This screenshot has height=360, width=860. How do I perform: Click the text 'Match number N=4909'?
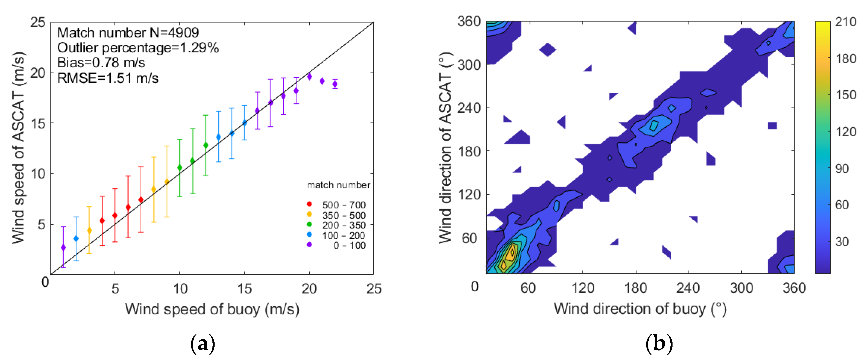(x=128, y=33)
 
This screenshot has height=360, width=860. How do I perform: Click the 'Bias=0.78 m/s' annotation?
(x=101, y=63)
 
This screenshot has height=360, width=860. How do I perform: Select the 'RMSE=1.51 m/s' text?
(x=108, y=78)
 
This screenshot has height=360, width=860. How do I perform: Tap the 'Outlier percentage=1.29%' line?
(x=138, y=48)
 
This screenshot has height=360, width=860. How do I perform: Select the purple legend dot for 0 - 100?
(x=309, y=244)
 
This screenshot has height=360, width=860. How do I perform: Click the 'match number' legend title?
(x=338, y=185)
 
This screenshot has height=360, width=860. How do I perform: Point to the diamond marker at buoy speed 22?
(x=335, y=84)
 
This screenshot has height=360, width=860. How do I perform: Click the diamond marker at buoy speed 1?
(x=63, y=247)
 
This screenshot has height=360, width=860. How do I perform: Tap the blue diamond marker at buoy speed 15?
(x=244, y=123)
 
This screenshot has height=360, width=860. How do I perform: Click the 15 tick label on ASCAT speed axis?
(x=38, y=124)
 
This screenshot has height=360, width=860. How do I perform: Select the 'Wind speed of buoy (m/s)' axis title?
(x=212, y=309)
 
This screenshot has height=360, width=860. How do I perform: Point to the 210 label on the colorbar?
(x=845, y=22)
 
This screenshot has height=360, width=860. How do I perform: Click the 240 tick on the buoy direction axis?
(x=688, y=288)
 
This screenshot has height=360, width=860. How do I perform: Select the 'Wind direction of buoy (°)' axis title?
(x=640, y=309)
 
